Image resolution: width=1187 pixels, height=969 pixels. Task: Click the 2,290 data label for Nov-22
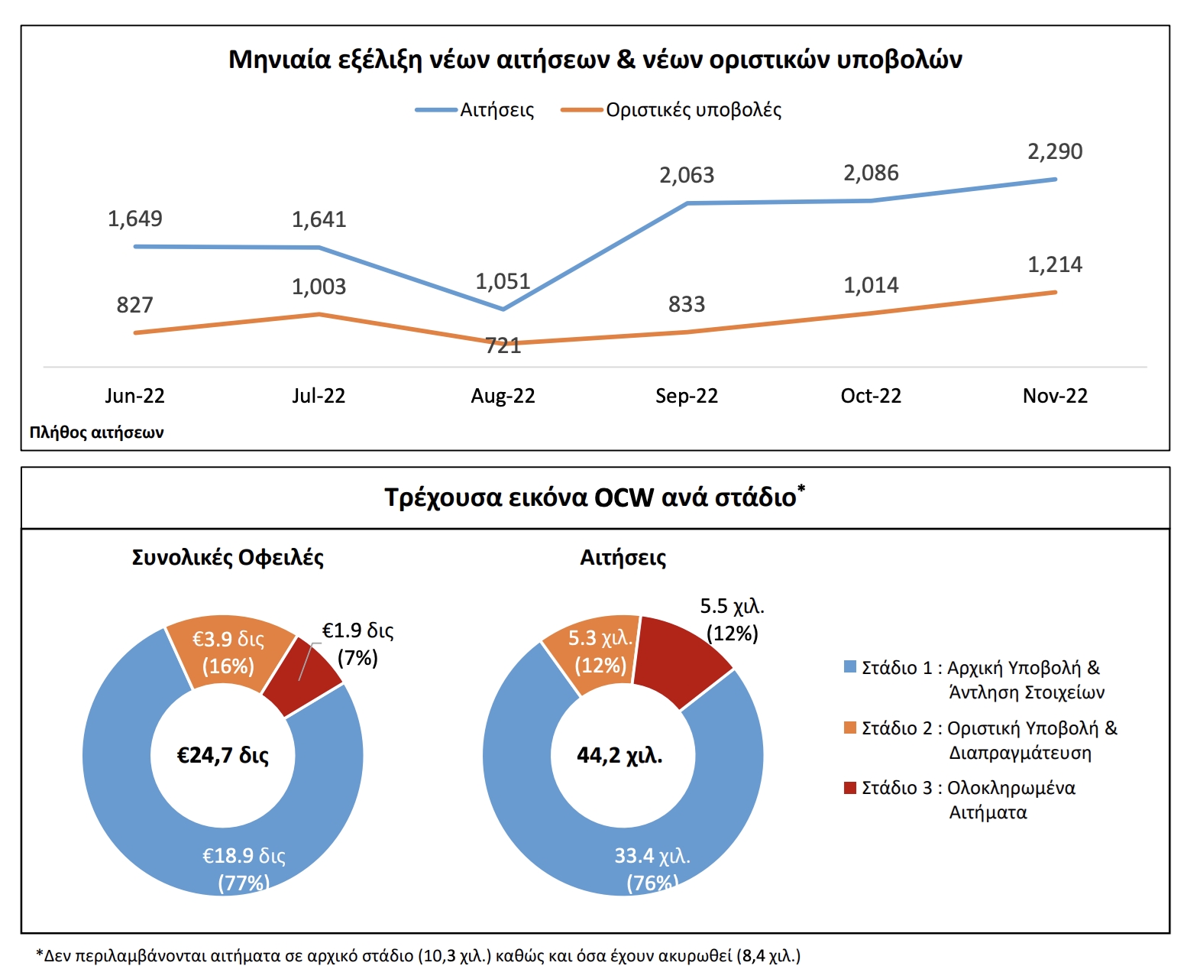tap(1054, 151)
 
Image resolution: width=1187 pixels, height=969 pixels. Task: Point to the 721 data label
tap(503, 345)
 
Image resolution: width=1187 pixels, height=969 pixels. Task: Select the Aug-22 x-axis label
tap(503, 396)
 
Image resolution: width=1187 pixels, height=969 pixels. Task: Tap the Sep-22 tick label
tap(687, 396)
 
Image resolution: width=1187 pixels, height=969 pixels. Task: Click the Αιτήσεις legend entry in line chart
tap(496, 110)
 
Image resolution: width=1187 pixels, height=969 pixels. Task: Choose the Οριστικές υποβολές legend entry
tap(693, 110)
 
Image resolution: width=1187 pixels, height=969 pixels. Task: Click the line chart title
tap(595, 60)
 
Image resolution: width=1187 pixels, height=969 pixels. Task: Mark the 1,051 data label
tap(503, 281)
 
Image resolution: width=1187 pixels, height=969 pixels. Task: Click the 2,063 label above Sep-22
tap(687, 175)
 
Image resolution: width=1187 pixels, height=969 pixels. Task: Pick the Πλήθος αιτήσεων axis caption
tap(96, 433)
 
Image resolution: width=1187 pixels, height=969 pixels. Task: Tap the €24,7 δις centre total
tap(223, 756)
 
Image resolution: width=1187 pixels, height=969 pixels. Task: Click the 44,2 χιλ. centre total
tap(619, 756)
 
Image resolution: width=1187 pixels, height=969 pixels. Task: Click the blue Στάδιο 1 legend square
tap(849, 667)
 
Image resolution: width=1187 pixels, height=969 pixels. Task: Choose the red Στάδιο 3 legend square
tap(849, 788)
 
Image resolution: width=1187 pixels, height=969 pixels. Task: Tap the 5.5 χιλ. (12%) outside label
tap(732, 620)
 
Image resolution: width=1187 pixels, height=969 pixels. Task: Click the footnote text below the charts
tap(419, 955)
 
